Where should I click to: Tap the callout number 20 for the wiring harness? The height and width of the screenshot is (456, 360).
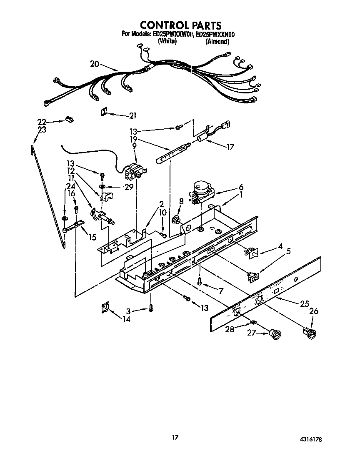(95, 64)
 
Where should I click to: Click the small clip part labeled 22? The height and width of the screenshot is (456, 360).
(68, 120)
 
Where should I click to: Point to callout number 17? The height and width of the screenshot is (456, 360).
(229, 147)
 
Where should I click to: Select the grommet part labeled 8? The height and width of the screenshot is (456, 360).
(177, 219)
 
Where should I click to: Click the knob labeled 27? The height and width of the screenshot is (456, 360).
(274, 333)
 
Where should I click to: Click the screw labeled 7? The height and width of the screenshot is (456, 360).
(200, 283)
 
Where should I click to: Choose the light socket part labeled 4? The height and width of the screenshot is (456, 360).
(251, 252)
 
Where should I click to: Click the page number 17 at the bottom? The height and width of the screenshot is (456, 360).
(175, 437)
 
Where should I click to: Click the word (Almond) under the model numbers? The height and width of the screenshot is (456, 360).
(217, 41)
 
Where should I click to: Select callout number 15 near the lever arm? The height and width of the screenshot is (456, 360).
(92, 237)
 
